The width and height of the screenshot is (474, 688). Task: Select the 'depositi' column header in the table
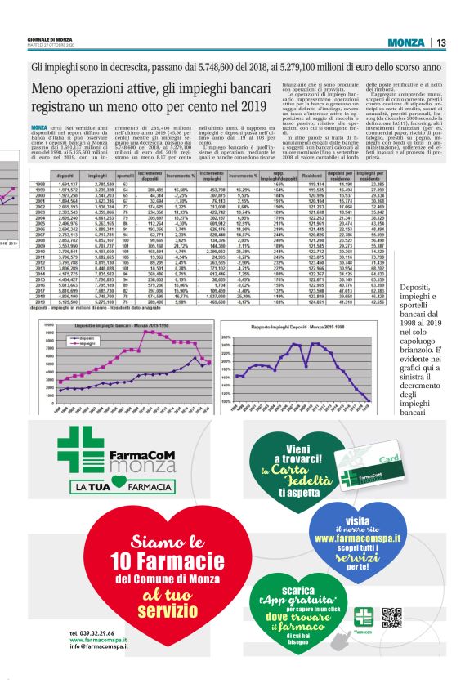65,176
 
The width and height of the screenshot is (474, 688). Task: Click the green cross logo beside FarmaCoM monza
78,449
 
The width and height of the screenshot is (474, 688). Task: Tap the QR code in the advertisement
391,618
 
